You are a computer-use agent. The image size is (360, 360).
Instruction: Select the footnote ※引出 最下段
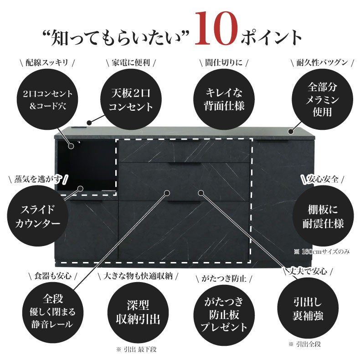(x=137, y=350)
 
